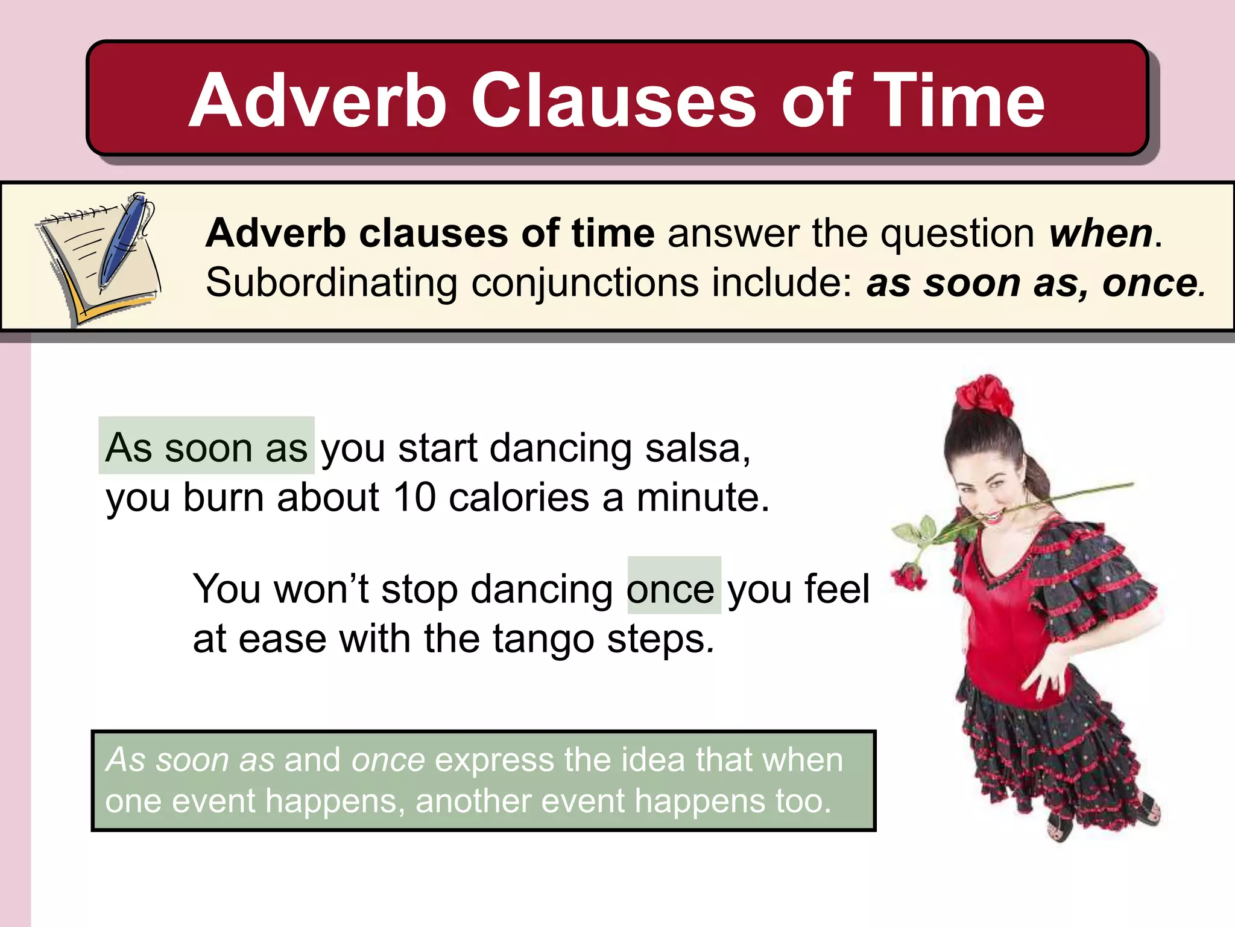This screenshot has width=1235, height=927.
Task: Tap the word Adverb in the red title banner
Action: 318,101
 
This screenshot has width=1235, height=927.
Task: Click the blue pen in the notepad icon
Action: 124,241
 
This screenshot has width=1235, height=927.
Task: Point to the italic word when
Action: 1101,234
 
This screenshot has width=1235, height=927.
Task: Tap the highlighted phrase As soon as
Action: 206,448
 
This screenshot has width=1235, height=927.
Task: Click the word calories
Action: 519,498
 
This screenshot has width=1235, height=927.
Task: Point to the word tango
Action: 542,640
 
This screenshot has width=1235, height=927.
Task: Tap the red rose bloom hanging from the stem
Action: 908,576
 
